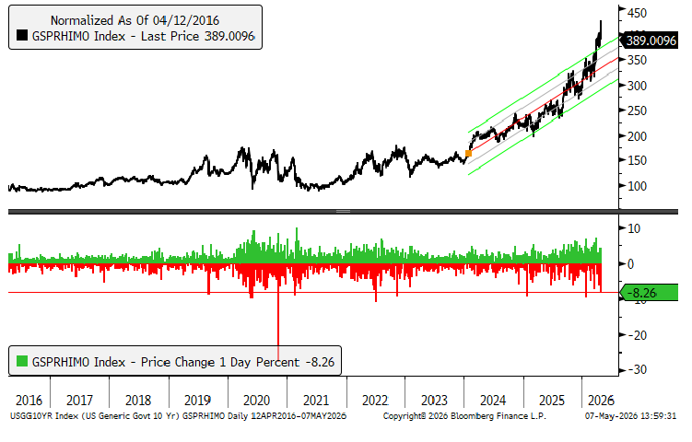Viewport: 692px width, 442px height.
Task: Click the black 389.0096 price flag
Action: click(650, 41)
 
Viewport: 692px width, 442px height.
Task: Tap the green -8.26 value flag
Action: click(650, 293)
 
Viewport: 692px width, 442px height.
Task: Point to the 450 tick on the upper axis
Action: click(638, 13)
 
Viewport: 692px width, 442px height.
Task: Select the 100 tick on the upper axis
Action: click(638, 186)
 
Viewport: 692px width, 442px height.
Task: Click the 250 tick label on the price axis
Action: click(638, 110)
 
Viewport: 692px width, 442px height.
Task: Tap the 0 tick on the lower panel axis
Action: click(630, 263)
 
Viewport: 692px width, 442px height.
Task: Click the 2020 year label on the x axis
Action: click(256, 401)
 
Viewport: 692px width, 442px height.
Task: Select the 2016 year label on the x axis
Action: click(29, 401)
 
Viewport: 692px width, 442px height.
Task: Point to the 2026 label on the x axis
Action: click(601, 401)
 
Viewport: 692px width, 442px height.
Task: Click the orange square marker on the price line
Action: click(468, 153)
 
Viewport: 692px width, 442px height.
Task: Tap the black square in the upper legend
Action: click(22, 35)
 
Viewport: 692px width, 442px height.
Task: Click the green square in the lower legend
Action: click(22, 361)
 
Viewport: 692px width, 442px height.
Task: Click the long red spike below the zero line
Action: click(278, 311)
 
